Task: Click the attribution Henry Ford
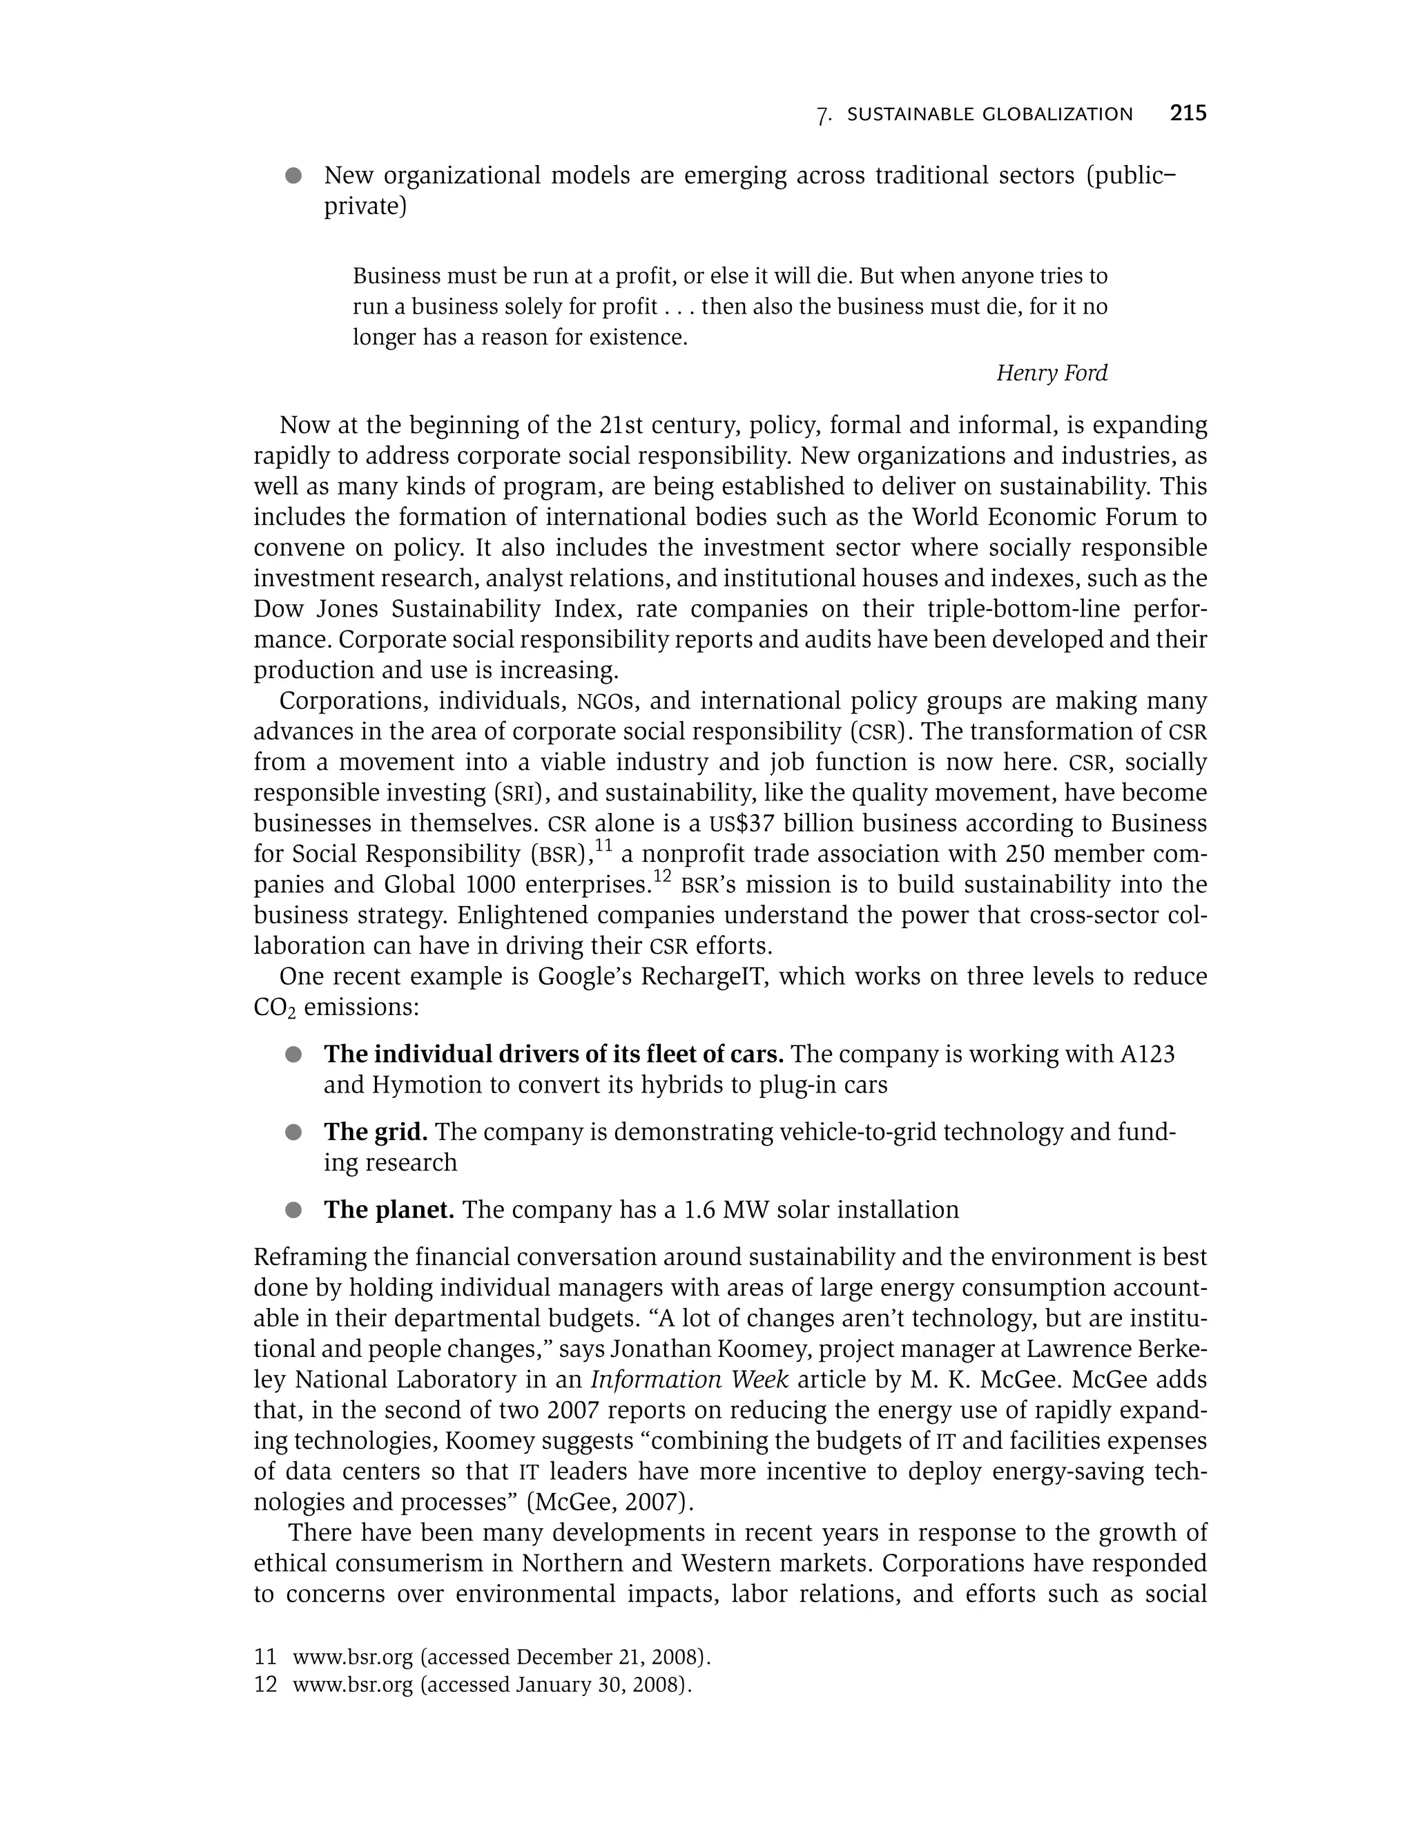[x=1052, y=373]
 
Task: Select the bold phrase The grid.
[x=376, y=1132]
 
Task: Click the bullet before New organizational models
[x=293, y=176]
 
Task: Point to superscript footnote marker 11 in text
[x=604, y=847]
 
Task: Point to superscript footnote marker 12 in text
[x=663, y=876]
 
